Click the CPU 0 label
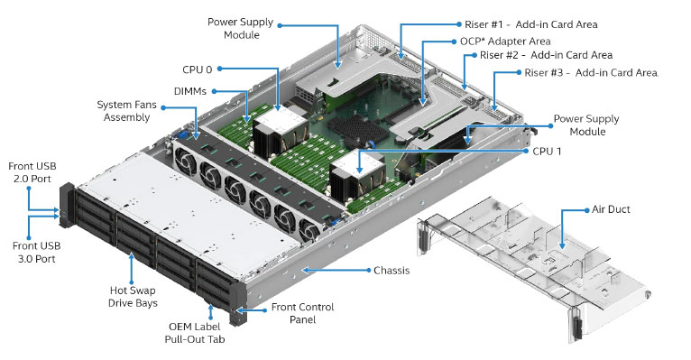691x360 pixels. [x=197, y=69]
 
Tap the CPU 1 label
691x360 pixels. [x=547, y=152]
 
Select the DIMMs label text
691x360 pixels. [x=190, y=91]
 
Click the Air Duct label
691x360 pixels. [x=611, y=209]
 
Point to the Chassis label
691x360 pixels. [x=392, y=270]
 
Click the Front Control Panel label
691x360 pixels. [x=302, y=313]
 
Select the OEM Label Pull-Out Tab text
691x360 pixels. [x=194, y=333]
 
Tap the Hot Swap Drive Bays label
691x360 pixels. [x=133, y=297]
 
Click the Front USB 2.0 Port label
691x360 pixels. [x=32, y=172]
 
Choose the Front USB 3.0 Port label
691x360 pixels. [x=37, y=252]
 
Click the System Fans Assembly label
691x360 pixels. [x=126, y=111]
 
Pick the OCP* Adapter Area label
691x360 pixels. [x=505, y=42]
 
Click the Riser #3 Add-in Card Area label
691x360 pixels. [x=591, y=73]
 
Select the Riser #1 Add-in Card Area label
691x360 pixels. [x=531, y=24]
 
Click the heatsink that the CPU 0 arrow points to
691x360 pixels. [x=280, y=130]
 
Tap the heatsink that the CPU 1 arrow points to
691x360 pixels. [x=358, y=175]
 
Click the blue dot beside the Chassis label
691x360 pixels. [x=369, y=270]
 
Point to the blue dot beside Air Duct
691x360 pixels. [x=587, y=210]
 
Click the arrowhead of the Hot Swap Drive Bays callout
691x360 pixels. [x=132, y=256]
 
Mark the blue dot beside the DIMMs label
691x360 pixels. [x=214, y=92]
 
